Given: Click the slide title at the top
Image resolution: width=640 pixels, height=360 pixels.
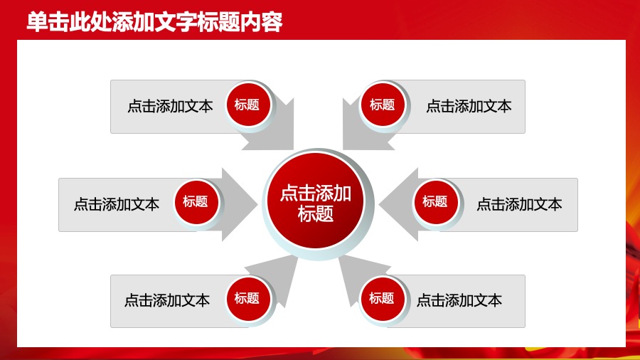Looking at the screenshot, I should coord(154,23).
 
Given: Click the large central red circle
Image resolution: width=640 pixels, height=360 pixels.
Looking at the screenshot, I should coord(316,203).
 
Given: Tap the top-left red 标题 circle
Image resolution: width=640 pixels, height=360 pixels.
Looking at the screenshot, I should coord(247,105).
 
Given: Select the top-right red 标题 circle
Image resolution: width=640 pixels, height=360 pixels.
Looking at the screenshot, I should coord(382,105).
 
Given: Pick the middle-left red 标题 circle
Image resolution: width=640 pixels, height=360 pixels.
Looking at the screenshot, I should coord(195,202).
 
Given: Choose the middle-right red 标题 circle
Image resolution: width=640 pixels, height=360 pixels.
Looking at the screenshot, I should coord(434,202).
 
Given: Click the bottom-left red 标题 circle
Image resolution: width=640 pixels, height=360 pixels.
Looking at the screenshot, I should coord(247,298).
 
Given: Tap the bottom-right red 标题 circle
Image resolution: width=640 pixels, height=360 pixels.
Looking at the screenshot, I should coord(381,298).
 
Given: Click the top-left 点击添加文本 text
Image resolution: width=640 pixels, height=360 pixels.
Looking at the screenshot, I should coord(170,107).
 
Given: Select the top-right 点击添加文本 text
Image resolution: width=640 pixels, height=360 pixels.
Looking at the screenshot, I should coord(469,107).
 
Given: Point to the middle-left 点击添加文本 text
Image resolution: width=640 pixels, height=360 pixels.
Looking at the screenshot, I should coord(117,204).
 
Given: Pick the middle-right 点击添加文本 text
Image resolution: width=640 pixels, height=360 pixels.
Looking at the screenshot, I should coord(519,204).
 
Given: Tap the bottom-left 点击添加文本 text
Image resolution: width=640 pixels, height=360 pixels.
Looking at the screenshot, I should coord(167,300).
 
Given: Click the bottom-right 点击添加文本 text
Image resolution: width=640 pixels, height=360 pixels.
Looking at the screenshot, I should coord(459,300).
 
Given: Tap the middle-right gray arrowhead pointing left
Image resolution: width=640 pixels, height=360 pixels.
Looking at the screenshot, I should coord(395,204).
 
